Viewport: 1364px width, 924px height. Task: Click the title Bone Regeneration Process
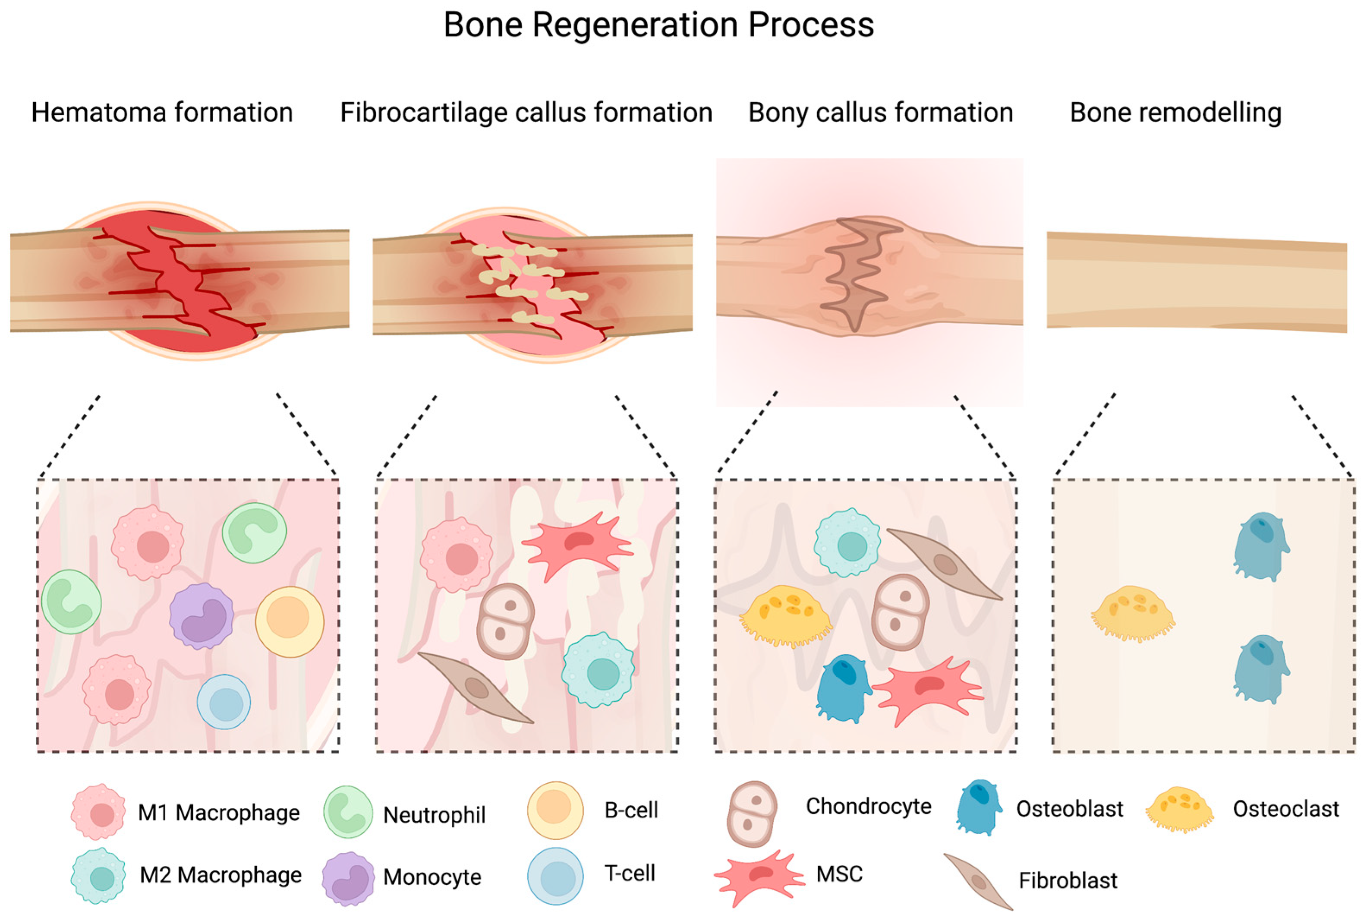click(x=658, y=25)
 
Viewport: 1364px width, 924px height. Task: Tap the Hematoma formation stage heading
click(x=162, y=112)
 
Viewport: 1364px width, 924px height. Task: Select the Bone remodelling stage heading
click(x=1175, y=112)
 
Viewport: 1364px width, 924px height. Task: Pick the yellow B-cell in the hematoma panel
click(x=290, y=621)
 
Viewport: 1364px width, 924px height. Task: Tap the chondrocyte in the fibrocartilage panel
click(x=505, y=621)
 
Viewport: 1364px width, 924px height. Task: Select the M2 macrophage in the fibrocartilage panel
click(x=598, y=670)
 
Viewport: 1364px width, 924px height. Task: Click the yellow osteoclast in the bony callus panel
click(x=785, y=615)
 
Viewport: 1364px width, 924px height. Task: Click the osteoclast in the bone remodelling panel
click(x=1133, y=613)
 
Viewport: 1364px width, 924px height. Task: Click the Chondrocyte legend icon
click(x=752, y=814)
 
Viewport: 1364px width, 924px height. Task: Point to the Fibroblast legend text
click(x=1068, y=880)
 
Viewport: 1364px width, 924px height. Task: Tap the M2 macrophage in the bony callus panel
click(x=847, y=543)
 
